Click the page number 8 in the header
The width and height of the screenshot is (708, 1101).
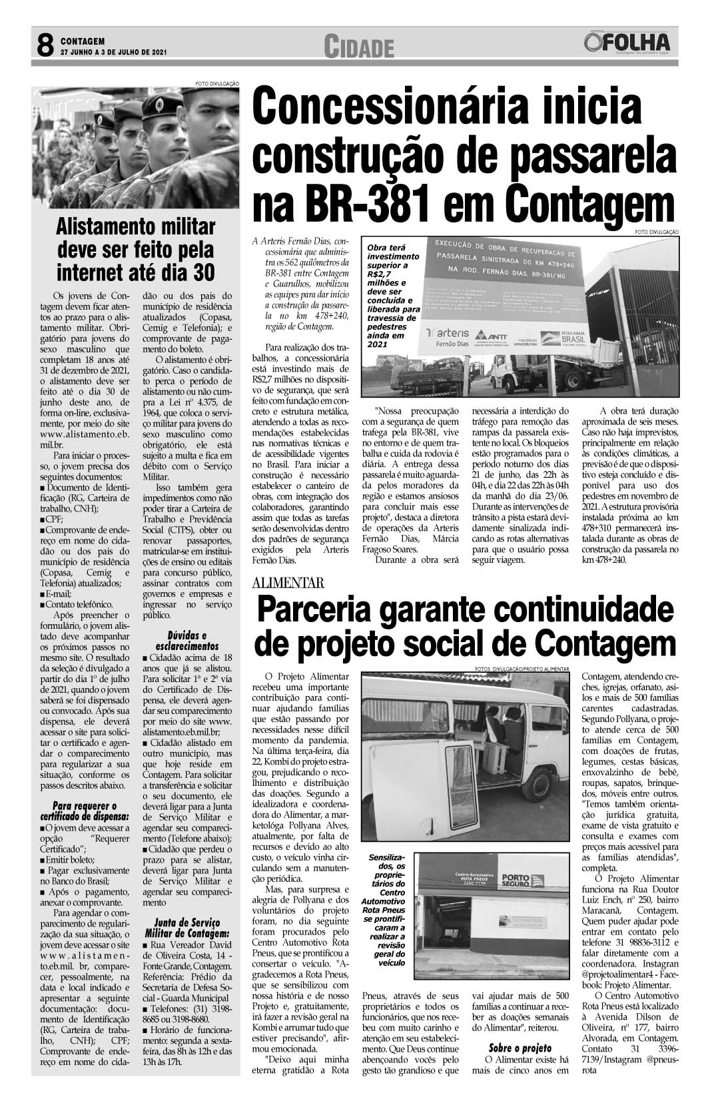tap(44, 46)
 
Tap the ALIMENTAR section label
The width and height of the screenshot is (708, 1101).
tap(288, 583)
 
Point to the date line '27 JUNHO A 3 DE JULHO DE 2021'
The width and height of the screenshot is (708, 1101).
tap(113, 51)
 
